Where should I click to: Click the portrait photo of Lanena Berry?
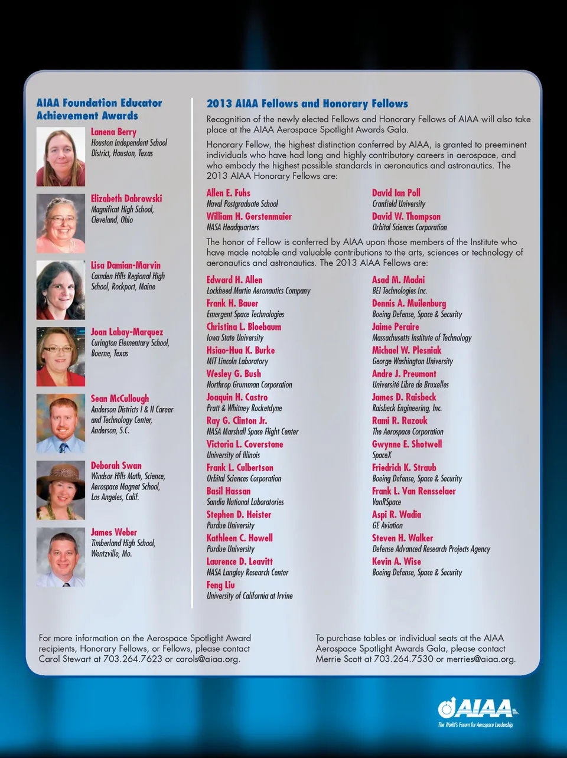click(x=61, y=157)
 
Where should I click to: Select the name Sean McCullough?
click(x=120, y=398)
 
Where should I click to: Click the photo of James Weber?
click(x=61, y=557)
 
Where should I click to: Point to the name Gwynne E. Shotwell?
click(x=407, y=444)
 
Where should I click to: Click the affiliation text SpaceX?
click(x=382, y=455)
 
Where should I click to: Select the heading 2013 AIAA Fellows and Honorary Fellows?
click(x=307, y=104)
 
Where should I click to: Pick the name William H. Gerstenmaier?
click(x=249, y=217)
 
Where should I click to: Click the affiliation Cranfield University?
click(x=399, y=204)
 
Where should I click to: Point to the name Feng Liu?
click(x=220, y=585)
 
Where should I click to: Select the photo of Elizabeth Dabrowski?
click(x=61, y=224)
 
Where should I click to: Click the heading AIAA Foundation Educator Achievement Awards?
click(x=99, y=109)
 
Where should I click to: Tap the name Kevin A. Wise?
click(x=396, y=561)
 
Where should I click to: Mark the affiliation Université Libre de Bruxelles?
click(x=410, y=384)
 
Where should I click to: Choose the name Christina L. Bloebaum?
click(x=244, y=327)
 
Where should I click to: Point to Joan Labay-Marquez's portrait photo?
click(x=61, y=357)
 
